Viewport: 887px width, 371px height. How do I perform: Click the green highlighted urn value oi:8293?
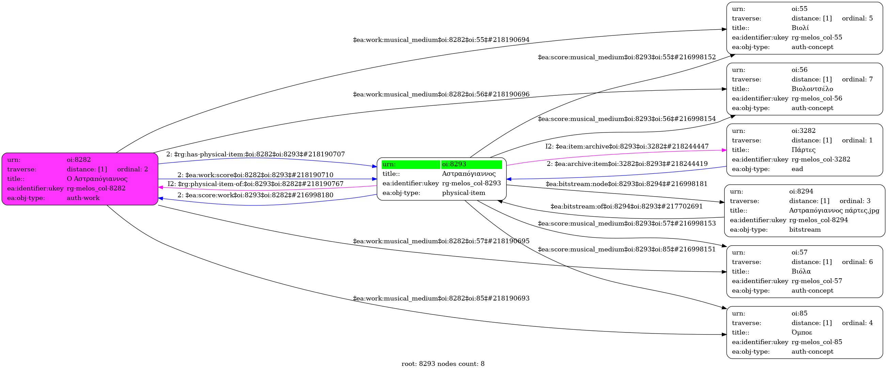tap(454, 164)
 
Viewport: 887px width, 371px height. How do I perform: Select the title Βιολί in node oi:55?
tap(800, 28)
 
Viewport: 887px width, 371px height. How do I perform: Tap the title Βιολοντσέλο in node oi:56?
tap(812, 89)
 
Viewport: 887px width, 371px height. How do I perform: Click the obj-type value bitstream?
tap(805, 230)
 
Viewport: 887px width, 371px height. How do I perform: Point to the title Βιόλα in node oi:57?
tap(801, 272)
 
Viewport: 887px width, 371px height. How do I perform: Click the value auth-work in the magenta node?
tap(83, 198)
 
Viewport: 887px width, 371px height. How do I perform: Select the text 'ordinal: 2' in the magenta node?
tap(132, 169)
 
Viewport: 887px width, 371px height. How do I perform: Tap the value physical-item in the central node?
tap(464, 193)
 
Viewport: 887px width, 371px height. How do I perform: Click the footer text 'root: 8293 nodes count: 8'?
tap(443, 364)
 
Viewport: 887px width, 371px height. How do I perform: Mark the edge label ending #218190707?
tap(255, 154)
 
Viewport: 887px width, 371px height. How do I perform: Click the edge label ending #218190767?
tap(255, 184)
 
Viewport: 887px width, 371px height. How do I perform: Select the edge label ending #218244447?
tap(627, 146)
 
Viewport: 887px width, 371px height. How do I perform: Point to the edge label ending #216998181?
tap(626, 184)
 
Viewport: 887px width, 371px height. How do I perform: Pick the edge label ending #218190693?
tap(441, 298)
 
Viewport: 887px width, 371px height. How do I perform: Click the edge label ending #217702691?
tap(626, 206)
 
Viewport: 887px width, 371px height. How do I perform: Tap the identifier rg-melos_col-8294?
tap(818, 220)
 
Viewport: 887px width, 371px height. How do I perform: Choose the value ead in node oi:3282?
tap(797, 169)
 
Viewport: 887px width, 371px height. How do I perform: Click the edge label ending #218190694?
tap(441, 40)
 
